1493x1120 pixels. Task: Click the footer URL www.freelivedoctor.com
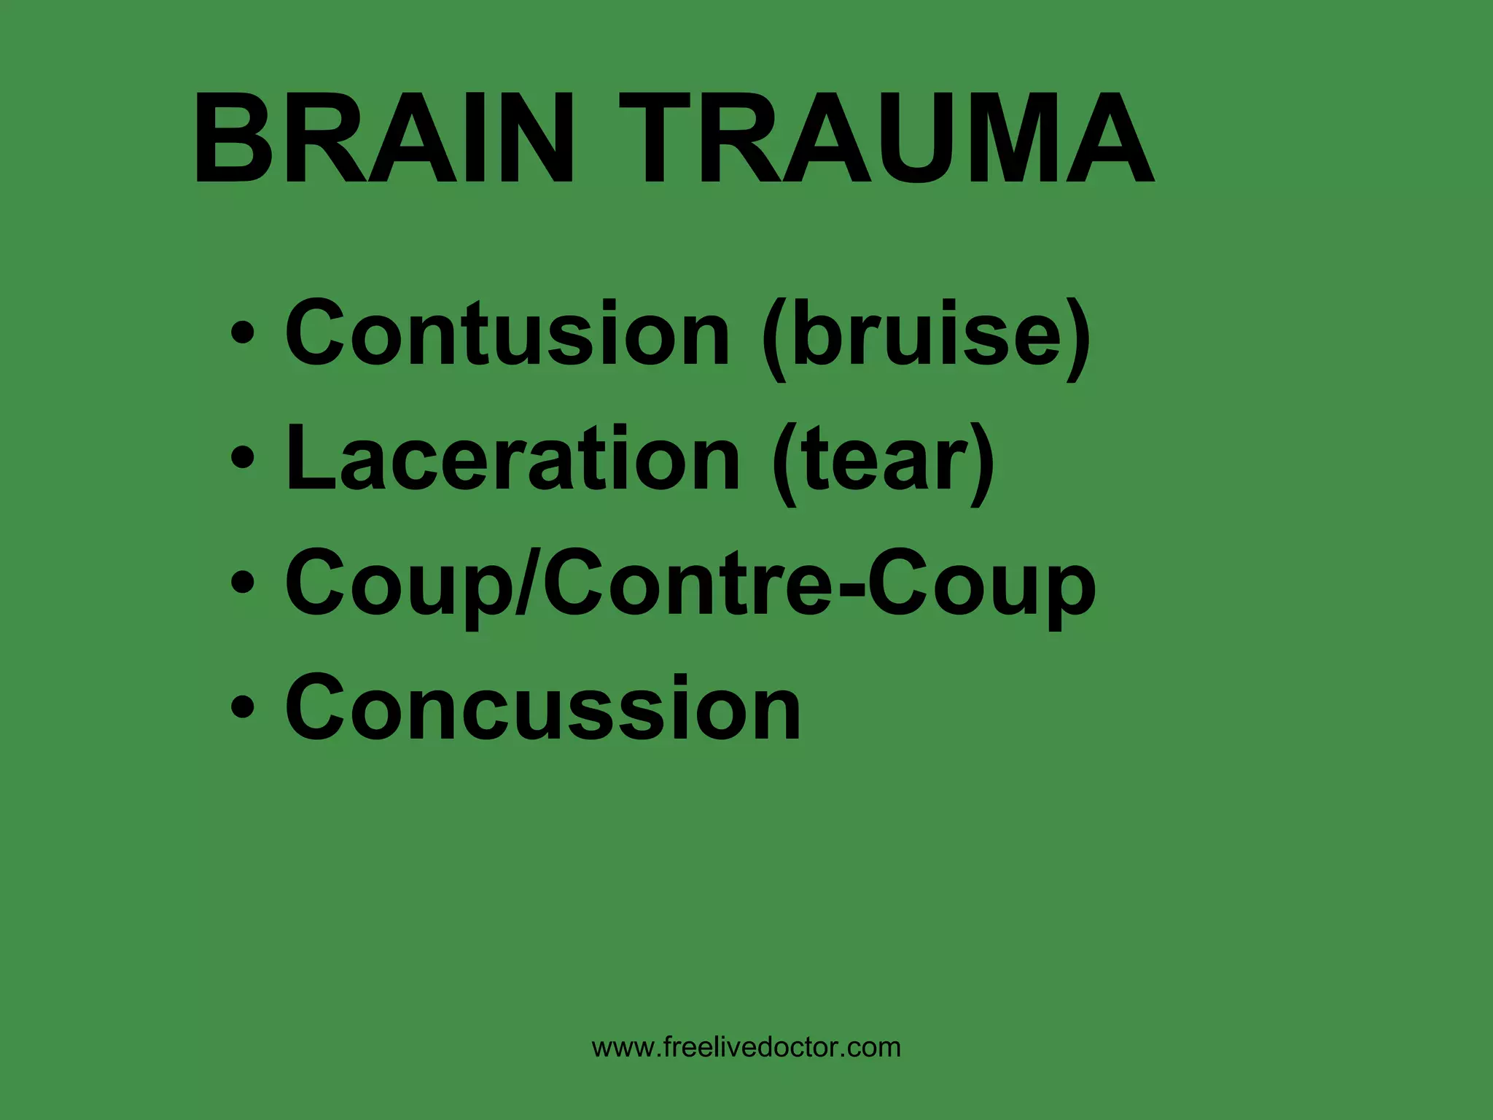tap(746, 1047)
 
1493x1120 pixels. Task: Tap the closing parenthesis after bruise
tap(1077, 337)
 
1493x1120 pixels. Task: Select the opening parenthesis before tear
tap(786, 462)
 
